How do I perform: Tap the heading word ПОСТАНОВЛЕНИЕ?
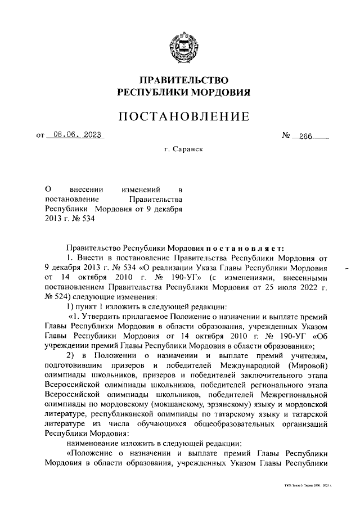tap(183, 117)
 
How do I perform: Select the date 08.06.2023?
tap(76, 135)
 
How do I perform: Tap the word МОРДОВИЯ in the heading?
tap(218, 92)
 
